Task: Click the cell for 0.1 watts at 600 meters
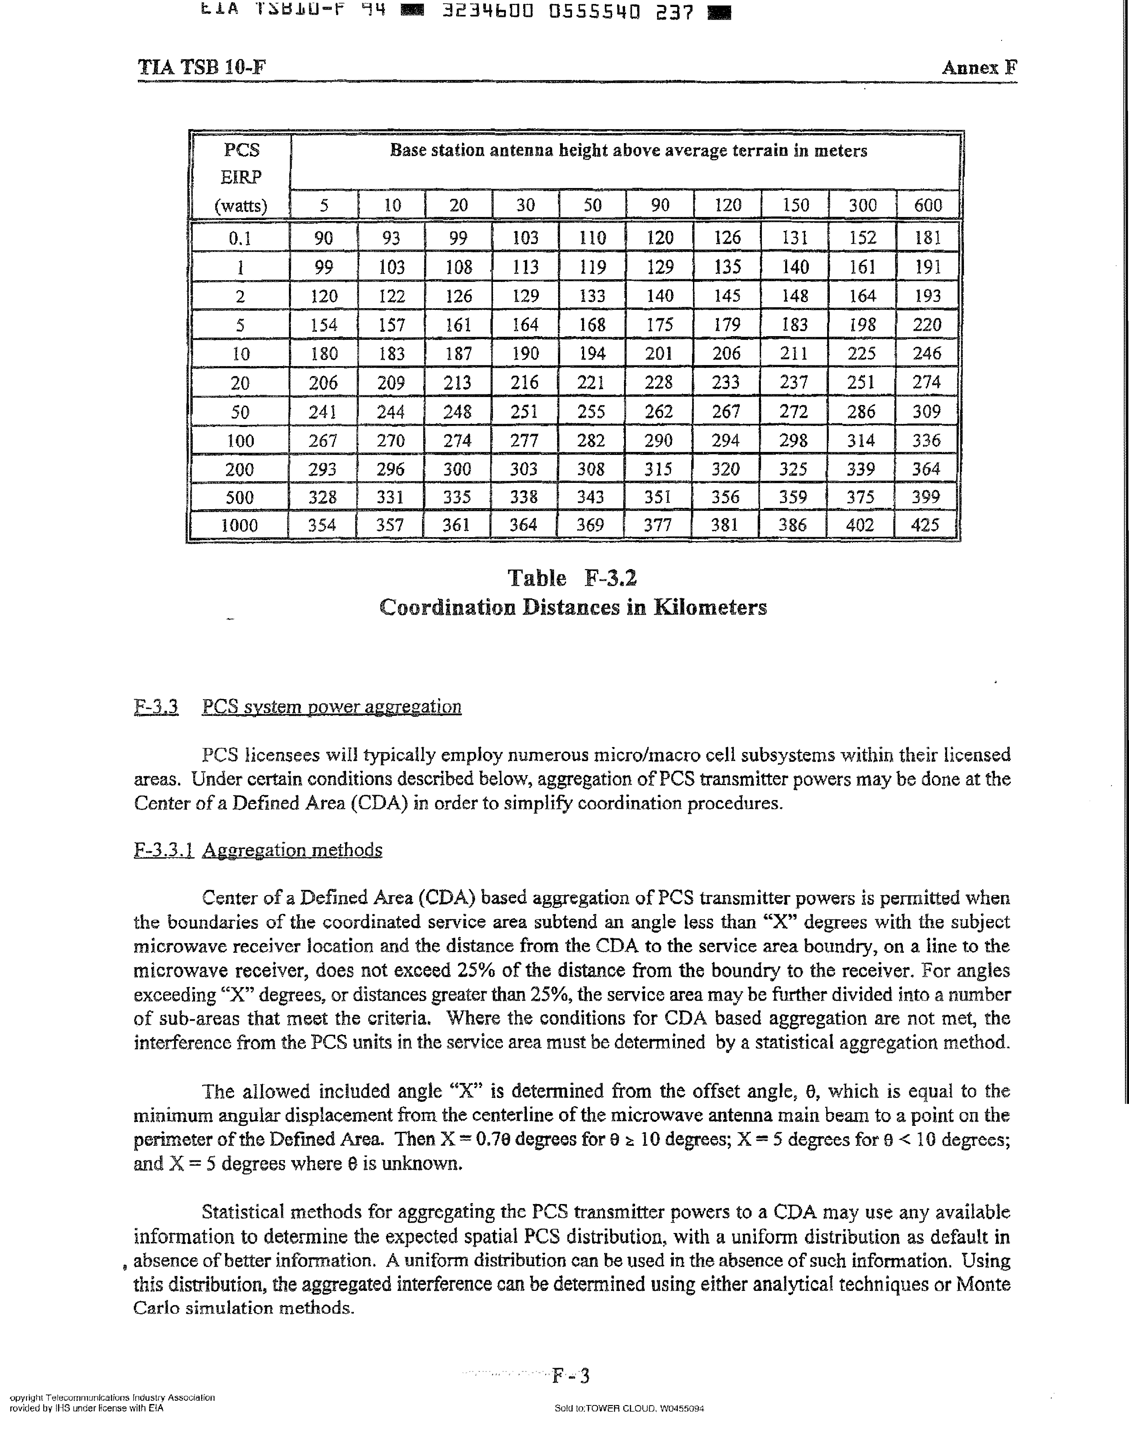(x=927, y=237)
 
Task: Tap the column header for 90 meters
(x=660, y=205)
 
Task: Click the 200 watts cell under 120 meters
(x=726, y=469)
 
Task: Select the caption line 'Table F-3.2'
(x=572, y=578)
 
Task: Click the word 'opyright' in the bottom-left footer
(x=26, y=1397)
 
